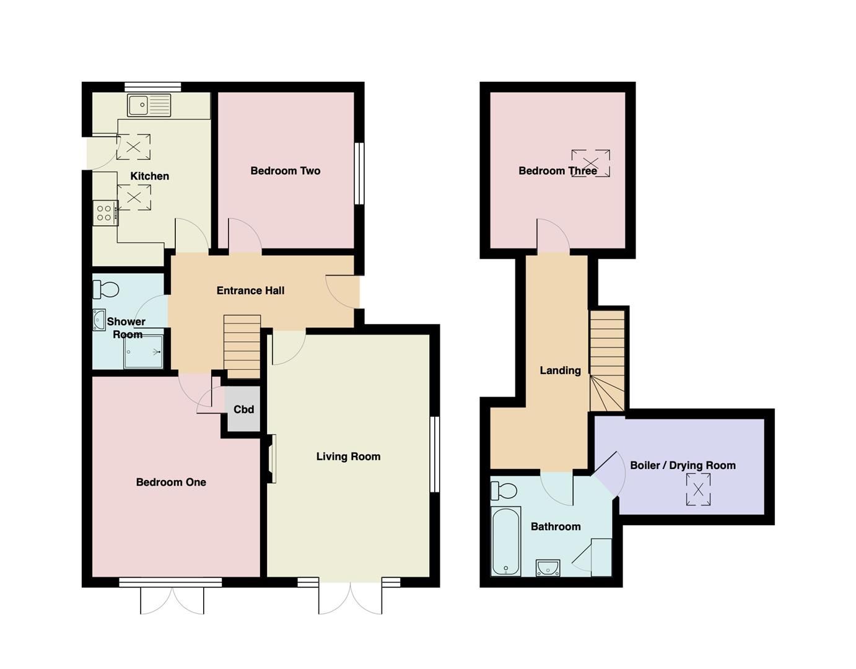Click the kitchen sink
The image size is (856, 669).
coord(149,105)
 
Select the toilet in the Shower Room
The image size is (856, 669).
coord(106,289)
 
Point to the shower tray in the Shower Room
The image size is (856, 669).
coord(144,352)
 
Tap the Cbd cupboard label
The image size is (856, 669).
coord(243,409)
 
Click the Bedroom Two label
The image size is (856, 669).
coord(285,171)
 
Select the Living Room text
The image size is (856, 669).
coord(348,457)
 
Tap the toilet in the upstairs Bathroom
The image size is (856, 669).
coord(503,491)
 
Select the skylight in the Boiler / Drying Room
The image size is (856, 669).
coord(698,489)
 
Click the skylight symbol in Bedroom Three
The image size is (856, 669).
coord(590,164)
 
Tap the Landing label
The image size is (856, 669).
coord(560,370)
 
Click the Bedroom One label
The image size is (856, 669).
coord(171,482)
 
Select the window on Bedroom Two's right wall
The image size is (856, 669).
coord(359,173)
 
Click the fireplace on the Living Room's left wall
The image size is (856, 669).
coord(271,458)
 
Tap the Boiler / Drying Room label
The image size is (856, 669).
coord(683,465)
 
